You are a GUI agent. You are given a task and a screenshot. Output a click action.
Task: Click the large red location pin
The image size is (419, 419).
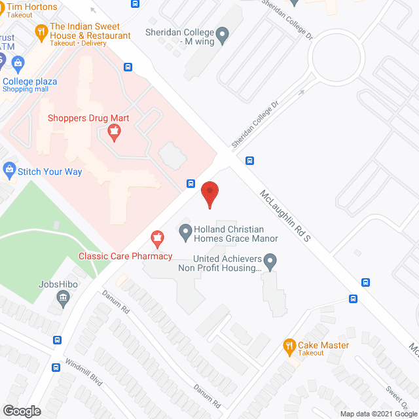[x=209, y=193]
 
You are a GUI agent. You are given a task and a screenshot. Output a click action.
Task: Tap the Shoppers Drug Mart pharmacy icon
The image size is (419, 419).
[x=114, y=134]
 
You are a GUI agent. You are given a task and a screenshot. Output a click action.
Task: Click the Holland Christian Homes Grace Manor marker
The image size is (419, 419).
[x=185, y=230]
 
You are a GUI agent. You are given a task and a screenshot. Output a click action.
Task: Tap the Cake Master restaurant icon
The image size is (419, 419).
[x=289, y=346]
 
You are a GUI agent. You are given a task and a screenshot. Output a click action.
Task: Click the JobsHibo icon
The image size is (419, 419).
[x=64, y=300]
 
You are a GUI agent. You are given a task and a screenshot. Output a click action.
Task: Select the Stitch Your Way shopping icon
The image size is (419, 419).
[x=9, y=172]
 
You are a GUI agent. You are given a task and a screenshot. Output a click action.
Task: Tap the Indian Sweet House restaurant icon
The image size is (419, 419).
[x=41, y=31]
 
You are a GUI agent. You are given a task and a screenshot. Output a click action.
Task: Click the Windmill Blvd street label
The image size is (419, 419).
[x=83, y=371]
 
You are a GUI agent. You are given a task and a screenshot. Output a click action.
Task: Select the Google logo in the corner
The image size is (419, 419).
[x=21, y=410]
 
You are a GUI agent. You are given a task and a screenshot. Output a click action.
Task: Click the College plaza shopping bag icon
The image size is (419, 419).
[x=18, y=64]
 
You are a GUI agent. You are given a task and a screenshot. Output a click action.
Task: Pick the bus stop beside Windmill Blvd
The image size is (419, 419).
[x=58, y=340]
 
